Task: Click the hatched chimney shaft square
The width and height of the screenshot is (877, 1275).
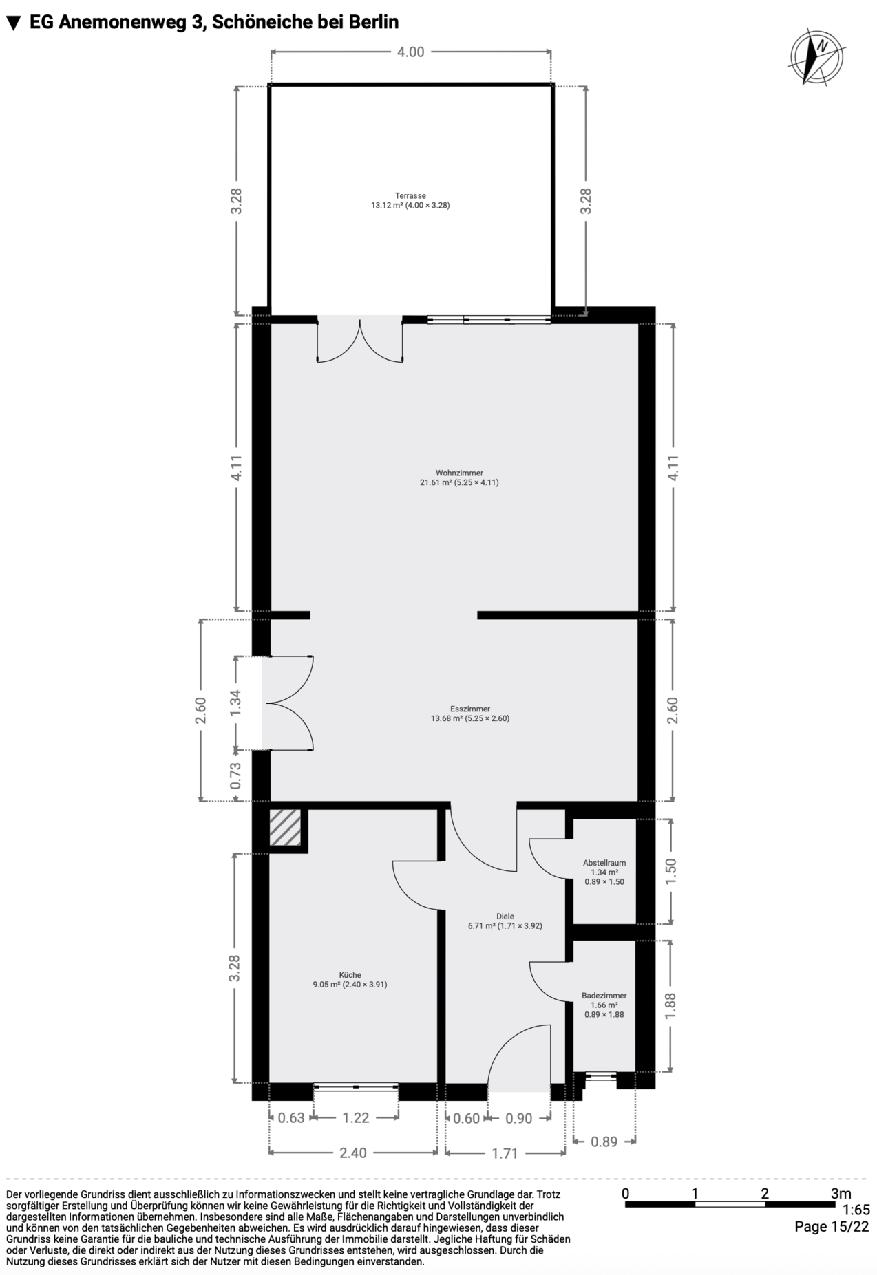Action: [285, 827]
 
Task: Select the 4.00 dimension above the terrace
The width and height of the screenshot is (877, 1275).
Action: [410, 52]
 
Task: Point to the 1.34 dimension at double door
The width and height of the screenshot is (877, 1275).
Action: [236, 703]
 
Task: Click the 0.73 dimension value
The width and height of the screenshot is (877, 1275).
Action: [236, 775]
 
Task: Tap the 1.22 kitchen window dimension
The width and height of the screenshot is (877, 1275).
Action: [356, 1117]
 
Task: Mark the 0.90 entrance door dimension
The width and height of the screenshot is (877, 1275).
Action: [518, 1118]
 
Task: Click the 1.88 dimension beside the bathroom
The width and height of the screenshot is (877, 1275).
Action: [670, 1005]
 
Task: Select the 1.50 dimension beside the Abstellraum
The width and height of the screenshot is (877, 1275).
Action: [671, 871]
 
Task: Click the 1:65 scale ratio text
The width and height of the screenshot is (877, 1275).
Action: [856, 1210]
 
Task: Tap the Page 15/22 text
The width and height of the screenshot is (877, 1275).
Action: [832, 1226]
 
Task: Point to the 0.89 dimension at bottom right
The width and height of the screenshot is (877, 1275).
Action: [604, 1142]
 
